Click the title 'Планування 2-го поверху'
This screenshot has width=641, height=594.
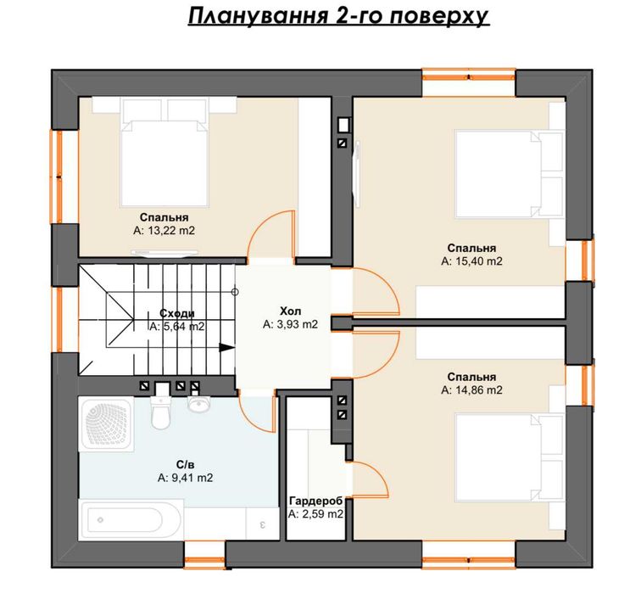[x=337, y=18]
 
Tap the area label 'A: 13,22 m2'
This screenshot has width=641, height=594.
[x=164, y=230]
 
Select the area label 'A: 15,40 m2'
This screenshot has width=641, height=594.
[x=472, y=262]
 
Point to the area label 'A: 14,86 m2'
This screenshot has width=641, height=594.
[x=472, y=390]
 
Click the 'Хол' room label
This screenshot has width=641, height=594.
[x=290, y=311]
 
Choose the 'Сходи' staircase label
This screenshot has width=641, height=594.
[x=176, y=312]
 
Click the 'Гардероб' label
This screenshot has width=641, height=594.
[x=315, y=501]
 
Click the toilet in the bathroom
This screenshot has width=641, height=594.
[x=159, y=412]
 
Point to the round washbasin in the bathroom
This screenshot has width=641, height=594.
[x=199, y=406]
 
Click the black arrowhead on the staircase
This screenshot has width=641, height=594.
[x=226, y=346]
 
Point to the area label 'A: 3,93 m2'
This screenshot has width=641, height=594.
[x=290, y=324]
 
